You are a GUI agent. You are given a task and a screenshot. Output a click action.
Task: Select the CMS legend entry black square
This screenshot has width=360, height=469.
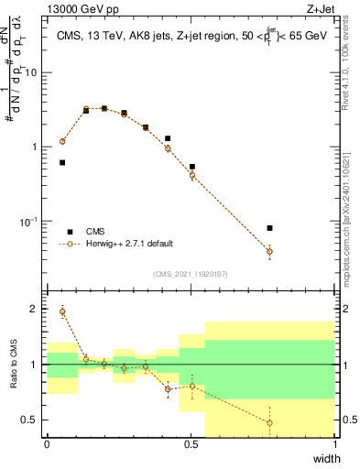(x=69, y=232)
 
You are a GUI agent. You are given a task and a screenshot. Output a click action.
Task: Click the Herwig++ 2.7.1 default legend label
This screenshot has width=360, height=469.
(x=130, y=245)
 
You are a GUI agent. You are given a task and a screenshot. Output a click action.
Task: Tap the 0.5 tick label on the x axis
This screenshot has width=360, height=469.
(x=191, y=443)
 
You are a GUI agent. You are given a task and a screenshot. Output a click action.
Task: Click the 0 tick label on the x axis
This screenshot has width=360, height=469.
(x=48, y=443)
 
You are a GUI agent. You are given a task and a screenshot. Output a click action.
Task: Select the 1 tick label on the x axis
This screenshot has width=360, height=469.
(x=335, y=443)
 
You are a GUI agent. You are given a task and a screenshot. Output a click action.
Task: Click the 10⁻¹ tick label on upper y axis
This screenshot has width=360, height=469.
(x=28, y=222)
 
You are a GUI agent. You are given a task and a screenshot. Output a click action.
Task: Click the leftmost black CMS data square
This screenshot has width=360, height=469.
(x=62, y=162)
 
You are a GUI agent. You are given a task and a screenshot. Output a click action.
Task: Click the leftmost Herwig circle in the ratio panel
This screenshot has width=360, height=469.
(x=62, y=311)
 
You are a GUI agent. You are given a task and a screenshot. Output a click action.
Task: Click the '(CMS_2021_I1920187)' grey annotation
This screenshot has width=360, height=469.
(x=191, y=272)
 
